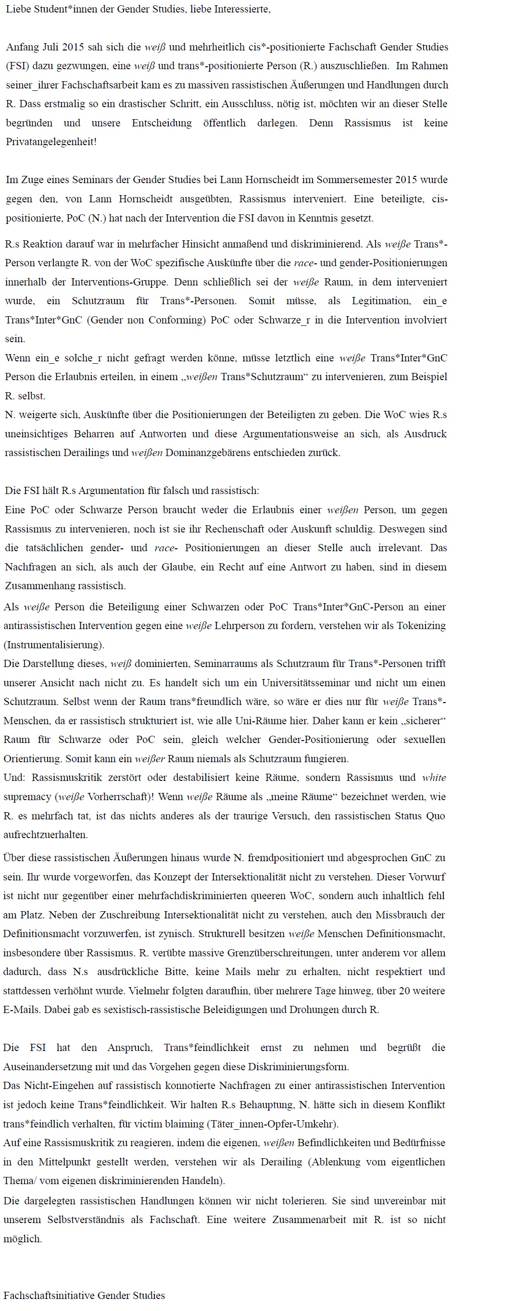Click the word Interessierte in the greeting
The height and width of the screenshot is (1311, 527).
242,9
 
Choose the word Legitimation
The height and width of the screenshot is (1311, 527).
381,301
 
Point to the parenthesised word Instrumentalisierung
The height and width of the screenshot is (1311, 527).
53,645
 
